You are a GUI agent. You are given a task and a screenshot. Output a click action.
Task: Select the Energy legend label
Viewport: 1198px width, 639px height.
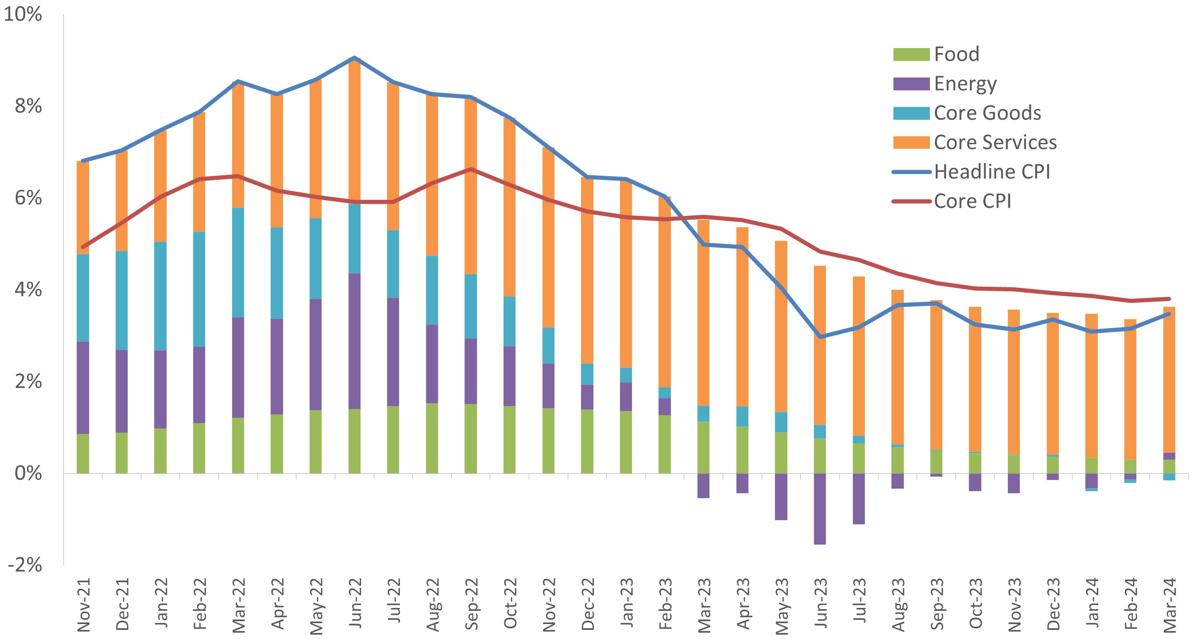click(x=965, y=84)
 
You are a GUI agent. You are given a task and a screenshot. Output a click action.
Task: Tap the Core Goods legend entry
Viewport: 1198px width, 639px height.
click(x=987, y=113)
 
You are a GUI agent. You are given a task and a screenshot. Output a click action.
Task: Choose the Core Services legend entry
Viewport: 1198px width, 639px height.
click(x=995, y=142)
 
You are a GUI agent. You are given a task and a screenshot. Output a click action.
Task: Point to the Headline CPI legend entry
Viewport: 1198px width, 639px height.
click(x=992, y=172)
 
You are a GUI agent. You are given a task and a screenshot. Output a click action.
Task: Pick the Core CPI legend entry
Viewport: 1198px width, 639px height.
click(x=972, y=201)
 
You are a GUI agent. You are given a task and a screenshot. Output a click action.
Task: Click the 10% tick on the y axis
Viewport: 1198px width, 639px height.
click(x=23, y=14)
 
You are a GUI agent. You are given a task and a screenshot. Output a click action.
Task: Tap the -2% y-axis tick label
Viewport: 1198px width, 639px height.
click(x=25, y=564)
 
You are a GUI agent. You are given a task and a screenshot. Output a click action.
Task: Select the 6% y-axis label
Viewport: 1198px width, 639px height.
click(x=28, y=198)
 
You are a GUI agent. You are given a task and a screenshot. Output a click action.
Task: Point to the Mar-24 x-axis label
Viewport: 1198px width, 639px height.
click(x=1170, y=605)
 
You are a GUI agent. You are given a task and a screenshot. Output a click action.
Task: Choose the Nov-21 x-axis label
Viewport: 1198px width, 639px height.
click(x=83, y=605)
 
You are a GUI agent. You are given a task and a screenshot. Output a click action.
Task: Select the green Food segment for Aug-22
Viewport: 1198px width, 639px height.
click(x=432, y=438)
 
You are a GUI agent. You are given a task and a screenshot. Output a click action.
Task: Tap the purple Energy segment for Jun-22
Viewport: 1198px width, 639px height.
click(x=354, y=341)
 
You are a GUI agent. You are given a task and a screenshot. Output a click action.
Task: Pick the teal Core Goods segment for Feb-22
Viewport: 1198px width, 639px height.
click(x=199, y=289)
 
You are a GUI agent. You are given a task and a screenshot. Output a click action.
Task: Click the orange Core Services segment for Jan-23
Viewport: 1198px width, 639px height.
click(x=626, y=274)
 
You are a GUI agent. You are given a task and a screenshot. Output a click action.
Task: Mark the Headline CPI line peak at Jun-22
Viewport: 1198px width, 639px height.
click(x=354, y=58)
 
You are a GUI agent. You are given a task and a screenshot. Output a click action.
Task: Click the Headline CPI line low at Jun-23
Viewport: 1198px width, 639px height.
click(x=820, y=336)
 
